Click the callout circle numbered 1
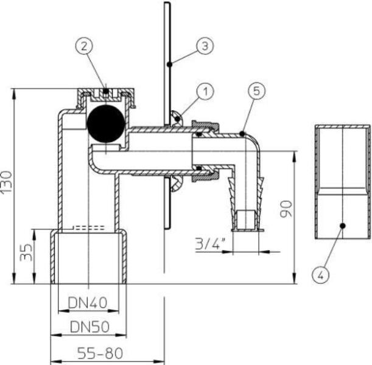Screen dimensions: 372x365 [x=205, y=91]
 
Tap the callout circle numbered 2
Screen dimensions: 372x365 [x=84, y=46]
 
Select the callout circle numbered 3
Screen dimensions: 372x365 [x=205, y=46]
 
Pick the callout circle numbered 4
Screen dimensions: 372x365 [x=320, y=275]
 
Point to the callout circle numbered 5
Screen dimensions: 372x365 [x=257, y=91]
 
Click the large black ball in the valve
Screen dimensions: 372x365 [x=105, y=123]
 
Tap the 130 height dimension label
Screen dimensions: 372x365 [x=7, y=182]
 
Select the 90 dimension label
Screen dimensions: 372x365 [x=286, y=209]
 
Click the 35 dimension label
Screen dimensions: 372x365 [x=26, y=252]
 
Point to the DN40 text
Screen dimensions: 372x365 [x=88, y=303]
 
